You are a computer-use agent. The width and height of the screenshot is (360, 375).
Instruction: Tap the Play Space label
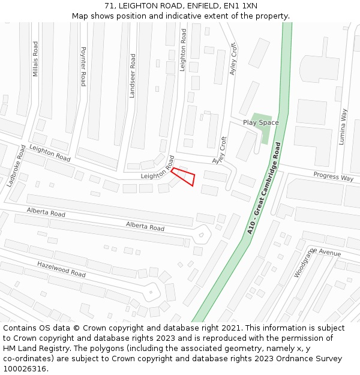260,122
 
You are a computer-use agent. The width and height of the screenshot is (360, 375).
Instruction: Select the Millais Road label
35,59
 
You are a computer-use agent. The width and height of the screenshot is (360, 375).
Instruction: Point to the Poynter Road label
83,67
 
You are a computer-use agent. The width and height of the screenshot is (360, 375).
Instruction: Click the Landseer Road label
133,76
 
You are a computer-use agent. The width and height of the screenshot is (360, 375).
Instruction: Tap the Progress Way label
333,177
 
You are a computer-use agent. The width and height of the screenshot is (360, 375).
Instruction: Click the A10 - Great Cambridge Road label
264,188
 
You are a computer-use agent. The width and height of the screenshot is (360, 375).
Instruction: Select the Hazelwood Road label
61,268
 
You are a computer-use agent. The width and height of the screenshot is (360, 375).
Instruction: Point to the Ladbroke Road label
16,166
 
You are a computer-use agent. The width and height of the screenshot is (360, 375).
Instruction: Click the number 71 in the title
109,5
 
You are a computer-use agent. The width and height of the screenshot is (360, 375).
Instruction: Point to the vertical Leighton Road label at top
183,51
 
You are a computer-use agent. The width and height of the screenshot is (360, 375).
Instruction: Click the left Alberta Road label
46,212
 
